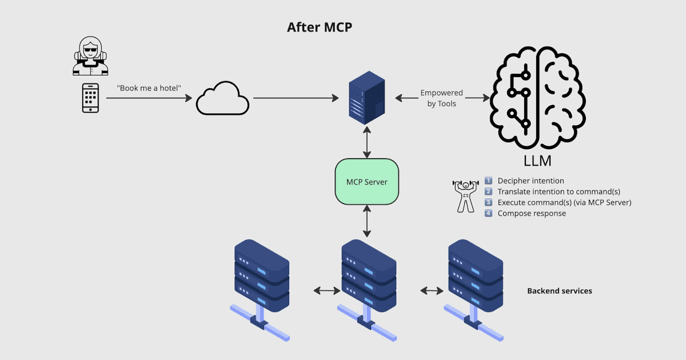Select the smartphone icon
pyautogui.click(x=90, y=98)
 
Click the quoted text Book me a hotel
pyautogui.click(x=149, y=88)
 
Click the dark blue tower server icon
pyautogui.click(x=366, y=98)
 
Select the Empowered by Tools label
pyautogui.click(x=441, y=98)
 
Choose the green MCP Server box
pyautogui.click(x=366, y=182)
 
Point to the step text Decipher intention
pyautogui.click(x=531, y=181)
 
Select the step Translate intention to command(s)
pyautogui.click(x=559, y=191)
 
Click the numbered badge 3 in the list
pyautogui.click(x=489, y=202)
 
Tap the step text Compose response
pyautogui.click(x=532, y=213)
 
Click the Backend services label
pyautogui.click(x=559, y=291)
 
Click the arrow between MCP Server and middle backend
pyautogui.click(x=366, y=222)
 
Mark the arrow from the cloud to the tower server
pyautogui.click(x=295, y=98)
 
